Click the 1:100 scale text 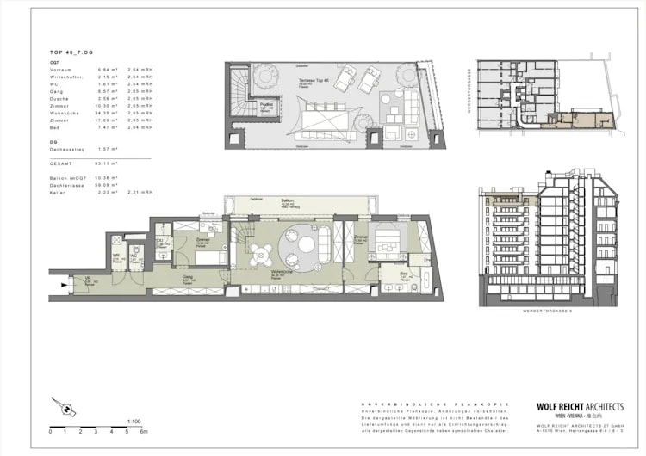[x=134, y=421]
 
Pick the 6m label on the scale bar [x=145, y=431]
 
